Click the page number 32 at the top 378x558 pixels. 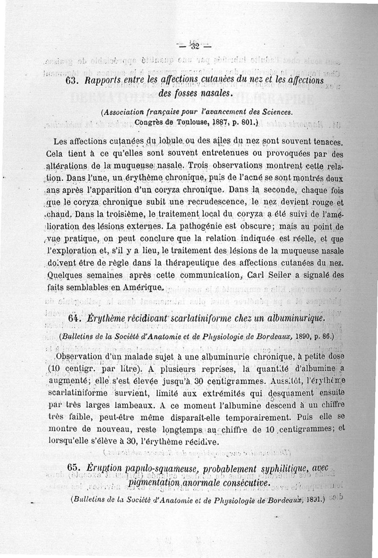[194, 46]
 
